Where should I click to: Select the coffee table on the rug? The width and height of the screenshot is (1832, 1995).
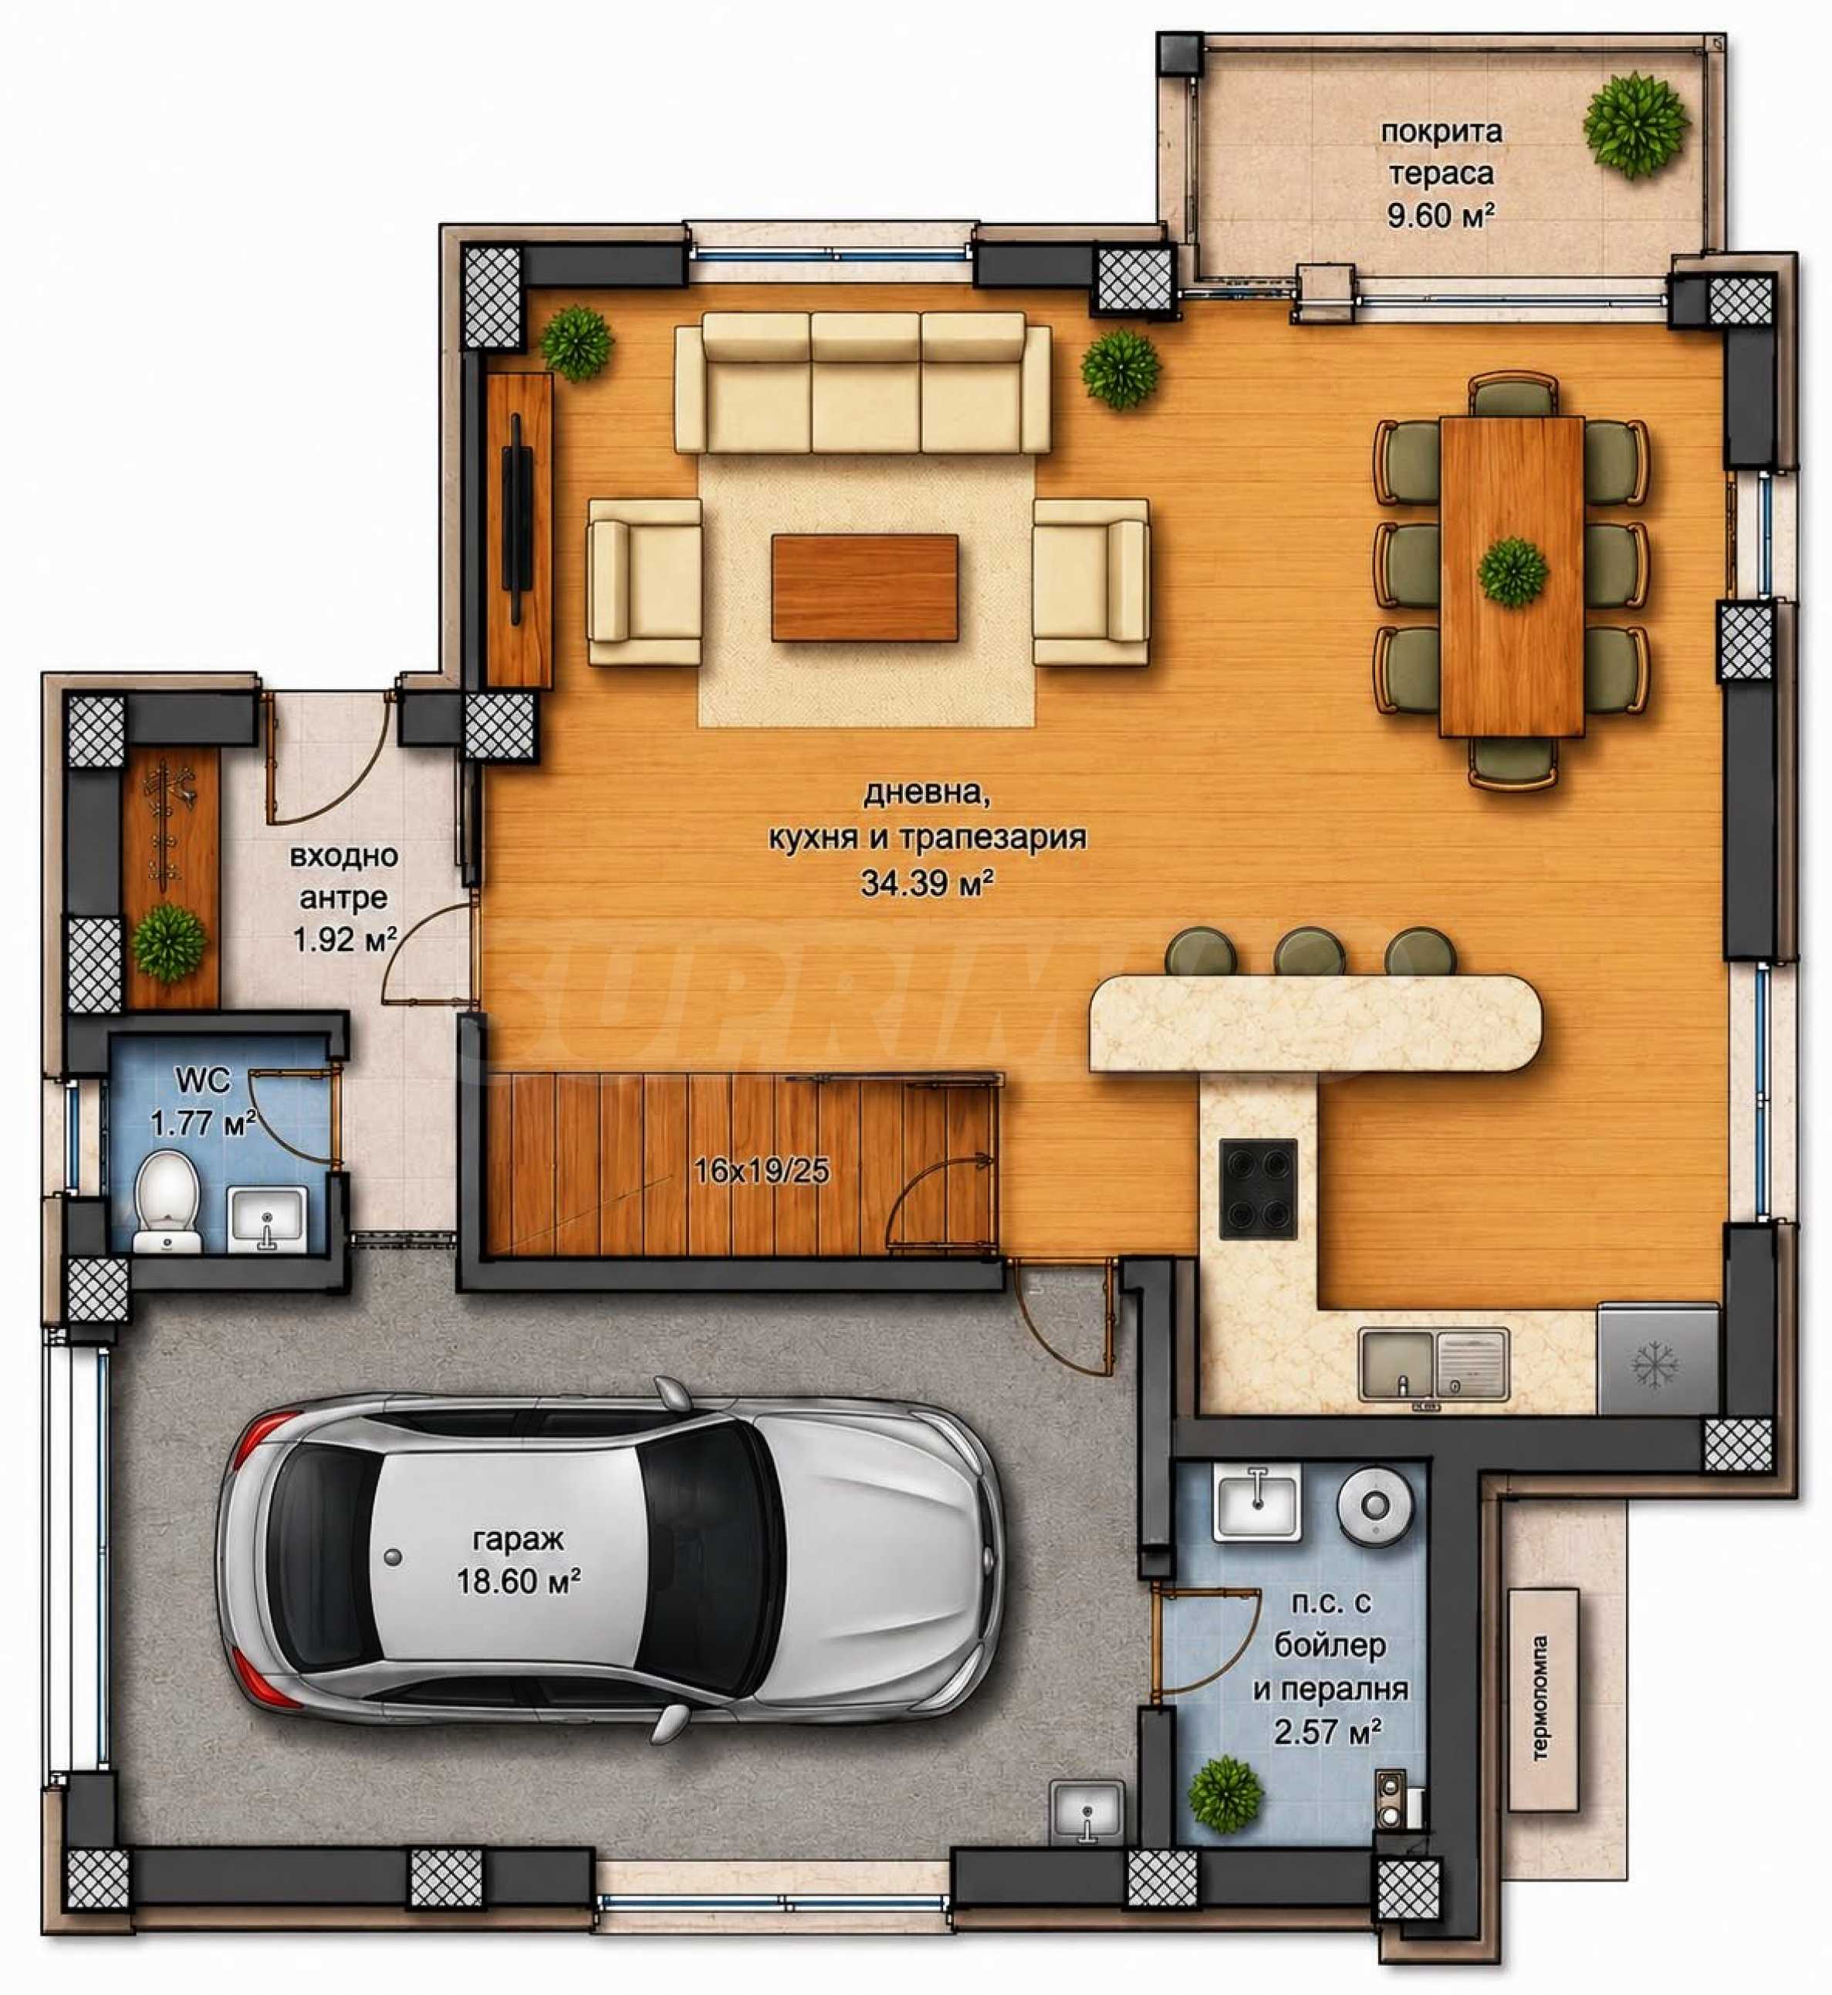(x=864, y=587)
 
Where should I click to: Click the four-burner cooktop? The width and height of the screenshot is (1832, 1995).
(x=1258, y=1188)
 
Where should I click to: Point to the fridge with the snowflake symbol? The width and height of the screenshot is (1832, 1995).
(x=1658, y=1358)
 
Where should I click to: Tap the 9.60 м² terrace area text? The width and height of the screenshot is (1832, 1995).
(x=1441, y=216)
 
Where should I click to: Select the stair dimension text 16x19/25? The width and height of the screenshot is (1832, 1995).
(x=762, y=1172)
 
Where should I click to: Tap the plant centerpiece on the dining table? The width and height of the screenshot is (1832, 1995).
(x=1512, y=571)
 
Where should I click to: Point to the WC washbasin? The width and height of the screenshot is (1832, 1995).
(x=265, y=1219)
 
